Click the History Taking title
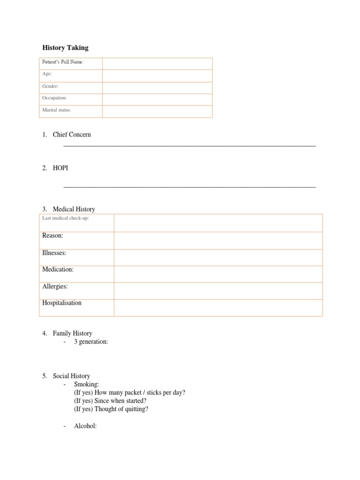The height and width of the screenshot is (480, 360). click(x=65, y=48)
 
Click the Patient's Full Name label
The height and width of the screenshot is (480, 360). click(x=63, y=62)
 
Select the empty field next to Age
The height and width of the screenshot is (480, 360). click(x=157, y=75)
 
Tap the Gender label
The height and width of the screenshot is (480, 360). click(x=50, y=86)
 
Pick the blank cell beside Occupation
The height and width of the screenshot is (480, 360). click(x=157, y=99)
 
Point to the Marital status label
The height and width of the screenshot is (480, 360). click(x=57, y=110)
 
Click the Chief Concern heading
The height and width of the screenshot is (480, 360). click(x=72, y=135)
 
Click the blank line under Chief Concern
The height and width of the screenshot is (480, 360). click(x=189, y=146)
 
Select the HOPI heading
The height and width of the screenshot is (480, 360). click(x=60, y=168)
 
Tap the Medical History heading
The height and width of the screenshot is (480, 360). click(x=74, y=209)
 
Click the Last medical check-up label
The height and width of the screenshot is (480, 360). click(x=65, y=219)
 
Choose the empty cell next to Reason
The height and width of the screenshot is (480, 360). click(x=218, y=240)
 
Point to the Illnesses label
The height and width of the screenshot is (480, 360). click(x=54, y=253)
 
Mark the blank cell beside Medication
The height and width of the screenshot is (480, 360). click(x=218, y=274)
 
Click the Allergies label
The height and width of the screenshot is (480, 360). click(x=55, y=286)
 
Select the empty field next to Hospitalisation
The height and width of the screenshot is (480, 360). click(x=218, y=307)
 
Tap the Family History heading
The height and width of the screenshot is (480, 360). click(x=72, y=333)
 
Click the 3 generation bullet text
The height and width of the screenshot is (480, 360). click(x=90, y=342)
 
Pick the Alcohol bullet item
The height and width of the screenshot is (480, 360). click(x=85, y=426)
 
